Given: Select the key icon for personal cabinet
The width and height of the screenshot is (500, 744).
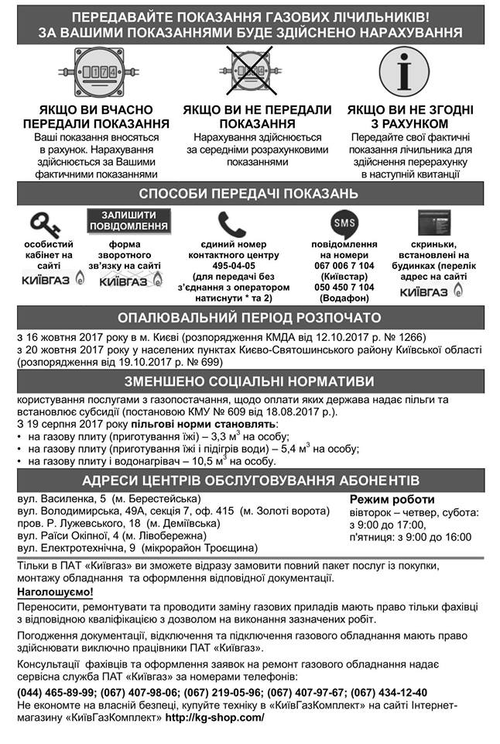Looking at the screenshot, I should [45, 224].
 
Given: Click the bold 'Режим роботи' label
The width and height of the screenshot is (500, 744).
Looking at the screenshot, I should [392, 499].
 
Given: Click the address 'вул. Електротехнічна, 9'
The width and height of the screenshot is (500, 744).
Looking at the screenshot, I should [75, 548].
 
